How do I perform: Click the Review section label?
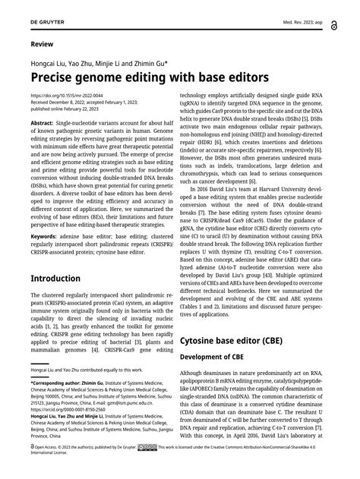click(42, 46)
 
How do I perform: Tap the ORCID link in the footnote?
click(72, 409)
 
